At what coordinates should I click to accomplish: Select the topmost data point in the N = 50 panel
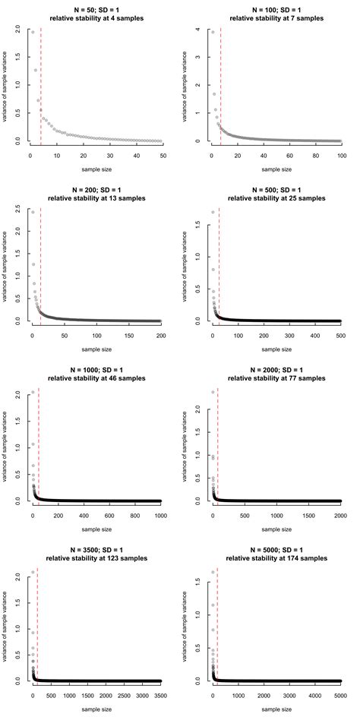tap(33, 32)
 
